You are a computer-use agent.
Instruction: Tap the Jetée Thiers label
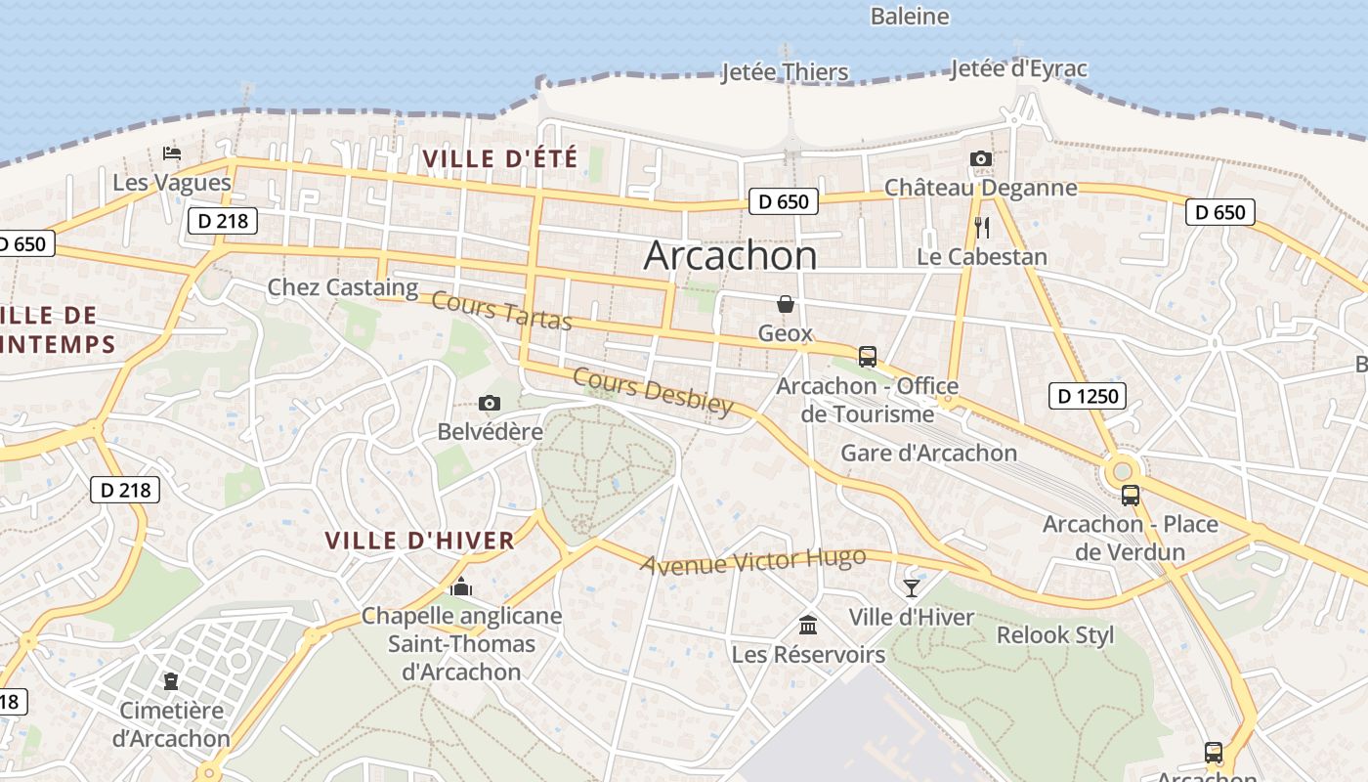coord(785,72)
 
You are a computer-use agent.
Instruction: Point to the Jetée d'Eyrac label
coord(1018,68)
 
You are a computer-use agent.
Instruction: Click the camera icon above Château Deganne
coord(980,158)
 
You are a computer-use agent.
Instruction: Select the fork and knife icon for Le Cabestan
coord(982,228)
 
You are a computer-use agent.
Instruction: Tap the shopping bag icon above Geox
coord(785,304)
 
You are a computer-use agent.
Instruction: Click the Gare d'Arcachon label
coord(928,453)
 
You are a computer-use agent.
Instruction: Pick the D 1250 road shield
coord(1087,396)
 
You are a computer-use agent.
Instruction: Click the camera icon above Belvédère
coord(490,403)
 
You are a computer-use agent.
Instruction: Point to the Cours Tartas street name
coord(501,311)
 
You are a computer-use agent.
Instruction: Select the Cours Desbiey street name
coord(652,391)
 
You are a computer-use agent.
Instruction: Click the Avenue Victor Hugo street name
coord(752,560)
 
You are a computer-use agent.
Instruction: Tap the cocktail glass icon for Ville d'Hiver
coord(911,587)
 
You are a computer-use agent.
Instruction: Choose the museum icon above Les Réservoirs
coord(808,625)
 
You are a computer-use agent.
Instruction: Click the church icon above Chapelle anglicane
coord(461,586)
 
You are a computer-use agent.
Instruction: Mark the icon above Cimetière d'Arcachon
coord(172,680)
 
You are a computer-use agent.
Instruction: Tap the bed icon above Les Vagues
coord(172,153)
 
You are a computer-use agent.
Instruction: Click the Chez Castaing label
coord(342,287)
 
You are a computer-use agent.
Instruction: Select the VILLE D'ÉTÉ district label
coord(500,158)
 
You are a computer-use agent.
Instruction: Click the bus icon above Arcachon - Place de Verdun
coord(1130,496)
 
